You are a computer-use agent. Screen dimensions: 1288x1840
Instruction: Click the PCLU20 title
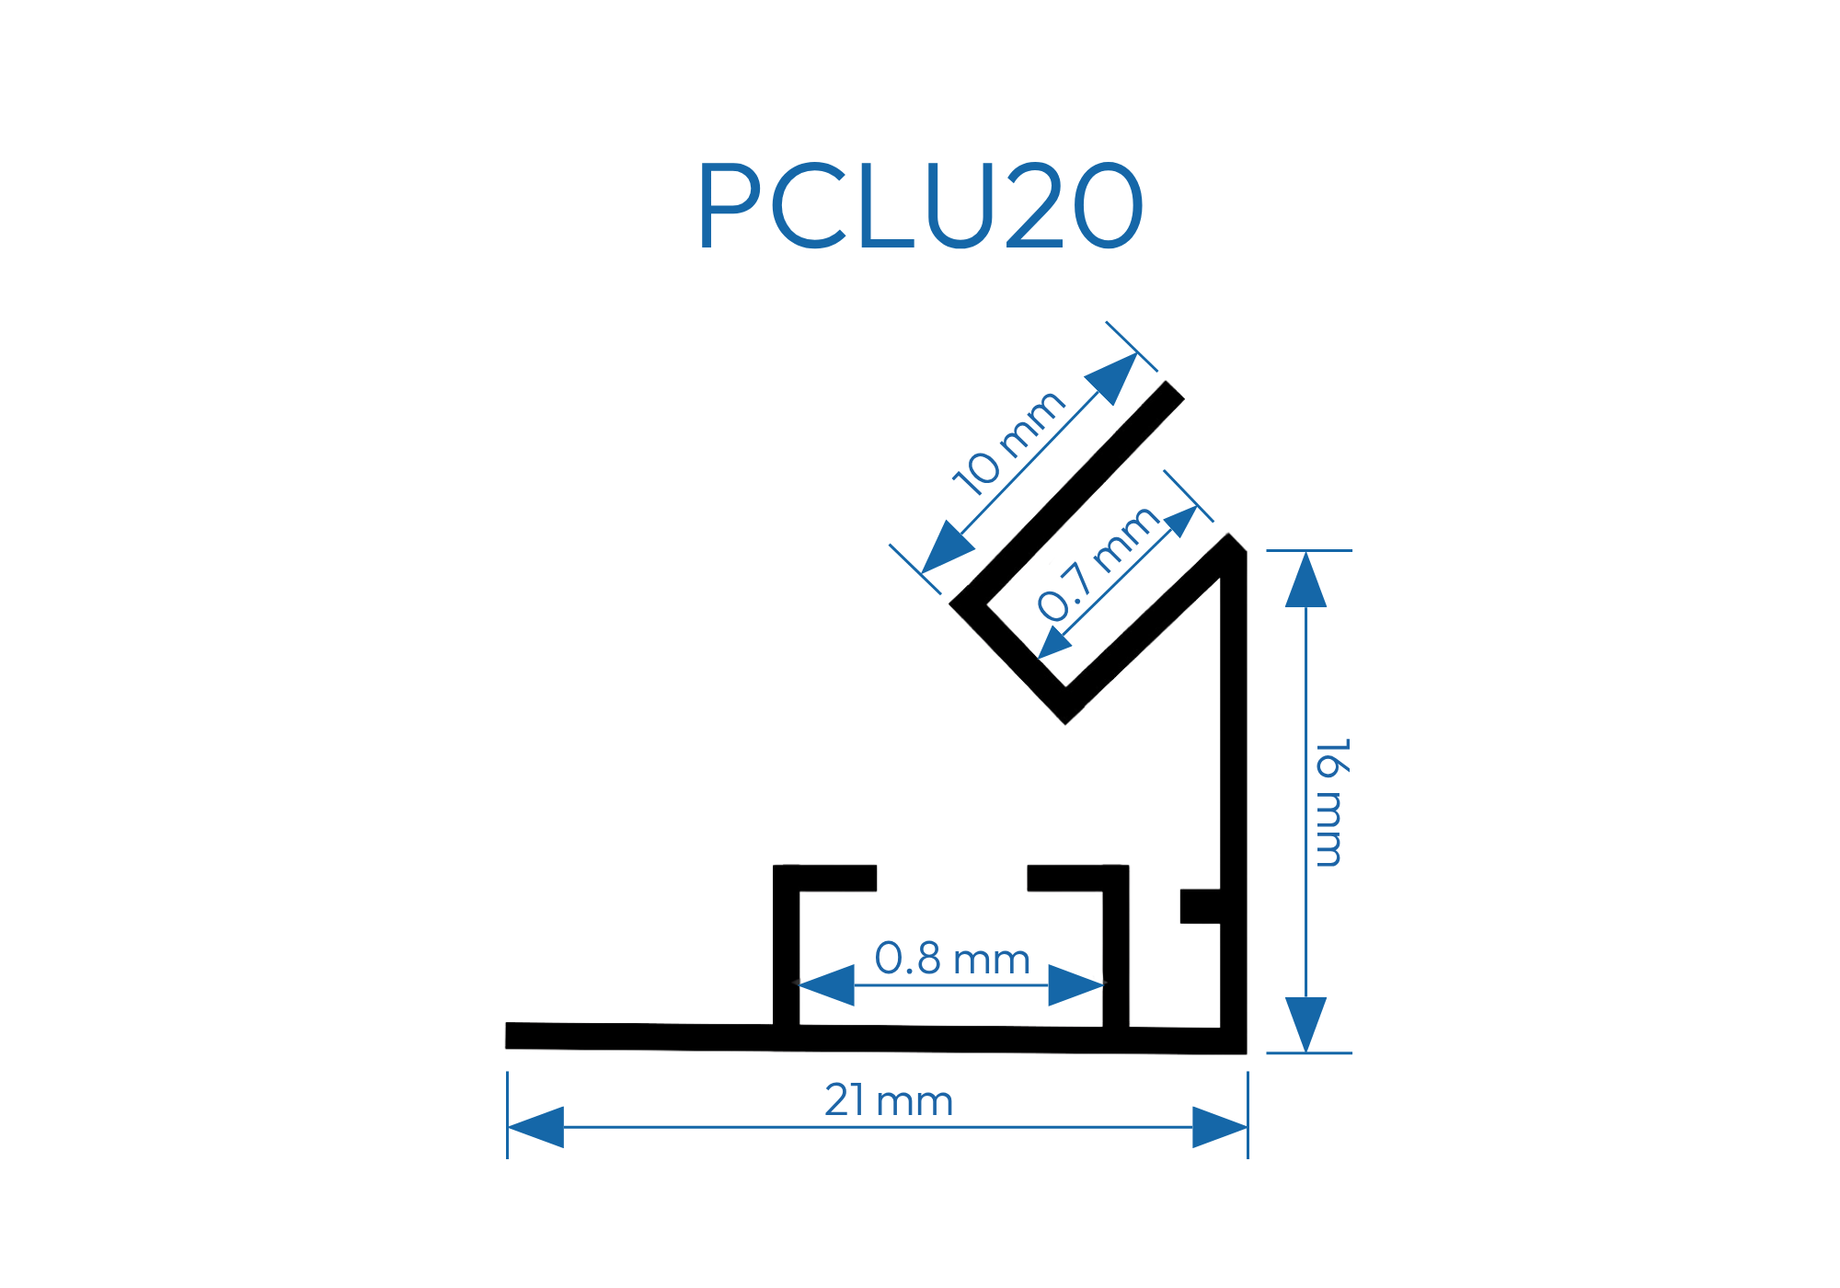click(x=920, y=205)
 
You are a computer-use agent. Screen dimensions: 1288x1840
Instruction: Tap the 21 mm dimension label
click(x=889, y=1101)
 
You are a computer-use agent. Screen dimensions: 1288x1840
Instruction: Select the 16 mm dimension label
click(x=1330, y=802)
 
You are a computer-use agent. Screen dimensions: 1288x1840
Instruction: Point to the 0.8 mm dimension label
click(x=952, y=959)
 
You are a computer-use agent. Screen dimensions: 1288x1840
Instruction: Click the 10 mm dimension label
click(x=1008, y=443)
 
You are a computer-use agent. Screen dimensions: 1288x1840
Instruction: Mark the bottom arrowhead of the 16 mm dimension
click(x=1305, y=1023)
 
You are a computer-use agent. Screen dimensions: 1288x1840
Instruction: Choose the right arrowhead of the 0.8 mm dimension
click(x=1075, y=985)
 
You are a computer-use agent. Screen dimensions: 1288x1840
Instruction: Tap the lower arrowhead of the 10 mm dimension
click(x=946, y=548)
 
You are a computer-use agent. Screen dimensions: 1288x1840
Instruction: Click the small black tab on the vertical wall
click(x=1201, y=906)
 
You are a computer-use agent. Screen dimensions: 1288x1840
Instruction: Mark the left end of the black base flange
click(x=512, y=1035)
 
